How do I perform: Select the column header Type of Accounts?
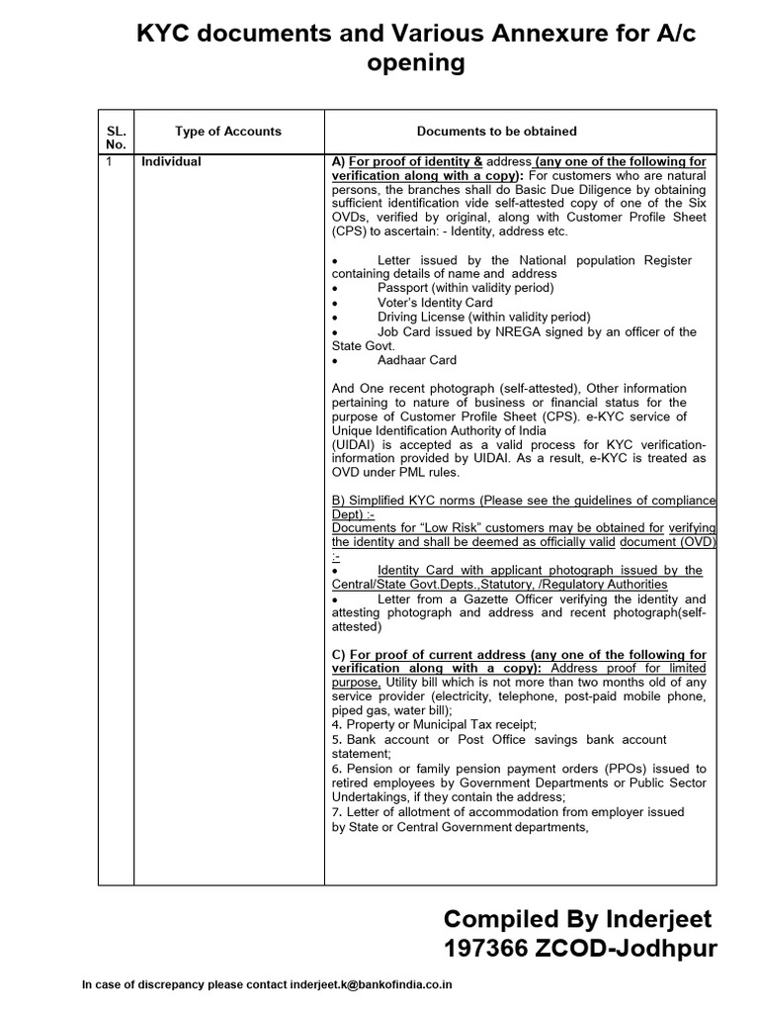[227, 131]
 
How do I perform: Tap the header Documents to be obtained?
[496, 131]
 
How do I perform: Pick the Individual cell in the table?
[171, 161]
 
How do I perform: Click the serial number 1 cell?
[109, 161]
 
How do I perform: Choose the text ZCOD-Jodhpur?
[632, 951]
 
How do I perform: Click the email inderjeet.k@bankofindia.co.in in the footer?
[371, 985]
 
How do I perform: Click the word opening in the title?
[415, 64]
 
